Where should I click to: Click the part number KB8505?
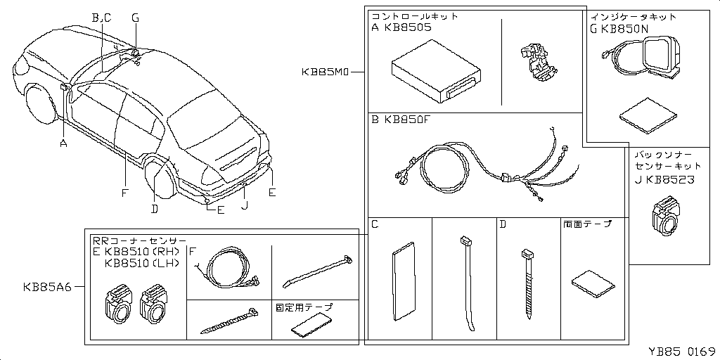(x=408, y=28)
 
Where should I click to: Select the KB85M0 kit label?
(x=326, y=72)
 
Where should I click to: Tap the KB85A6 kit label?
(x=47, y=286)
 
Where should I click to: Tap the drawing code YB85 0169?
(x=681, y=351)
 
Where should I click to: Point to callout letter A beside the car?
(x=63, y=143)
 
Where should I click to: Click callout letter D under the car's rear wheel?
(x=155, y=207)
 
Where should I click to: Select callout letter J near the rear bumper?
(x=244, y=206)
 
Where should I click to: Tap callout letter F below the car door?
(x=124, y=192)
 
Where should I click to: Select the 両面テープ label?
(x=587, y=225)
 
